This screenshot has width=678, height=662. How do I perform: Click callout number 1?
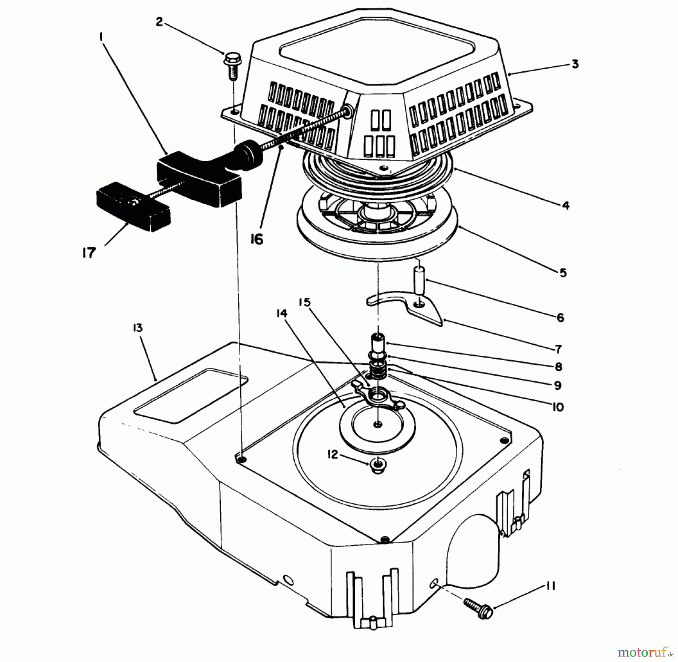(101, 37)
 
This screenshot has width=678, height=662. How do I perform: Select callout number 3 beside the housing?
(574, 64)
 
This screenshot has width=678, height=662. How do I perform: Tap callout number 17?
(89, 252)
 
